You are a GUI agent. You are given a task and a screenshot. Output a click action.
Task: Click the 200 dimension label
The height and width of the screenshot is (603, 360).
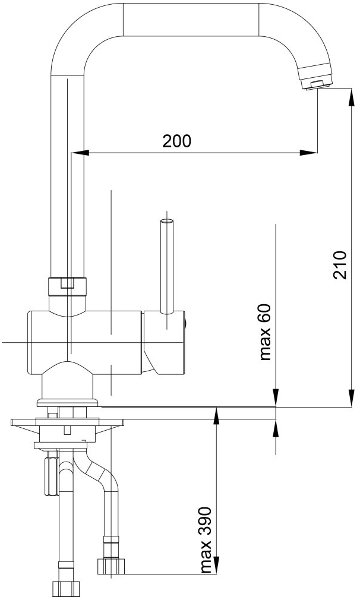point(176,141)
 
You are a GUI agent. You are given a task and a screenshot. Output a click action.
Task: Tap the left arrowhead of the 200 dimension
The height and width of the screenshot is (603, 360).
point(80,153)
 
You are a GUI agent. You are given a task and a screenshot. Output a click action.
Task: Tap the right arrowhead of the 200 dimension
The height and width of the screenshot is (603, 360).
point(309,153)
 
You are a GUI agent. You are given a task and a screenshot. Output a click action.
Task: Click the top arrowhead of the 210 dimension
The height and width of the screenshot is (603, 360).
point(351,96)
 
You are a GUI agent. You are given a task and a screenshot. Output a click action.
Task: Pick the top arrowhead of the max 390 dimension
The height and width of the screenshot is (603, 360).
point(217,416)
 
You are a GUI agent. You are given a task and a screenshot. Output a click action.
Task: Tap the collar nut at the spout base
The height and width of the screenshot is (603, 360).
point(67,286)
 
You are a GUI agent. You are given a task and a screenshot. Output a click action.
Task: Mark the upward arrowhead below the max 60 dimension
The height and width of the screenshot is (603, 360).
point(276,428)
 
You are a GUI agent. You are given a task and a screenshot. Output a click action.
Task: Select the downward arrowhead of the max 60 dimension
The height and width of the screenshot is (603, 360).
point(276,398)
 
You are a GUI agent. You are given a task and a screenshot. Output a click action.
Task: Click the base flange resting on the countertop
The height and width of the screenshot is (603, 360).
point(68,403)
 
